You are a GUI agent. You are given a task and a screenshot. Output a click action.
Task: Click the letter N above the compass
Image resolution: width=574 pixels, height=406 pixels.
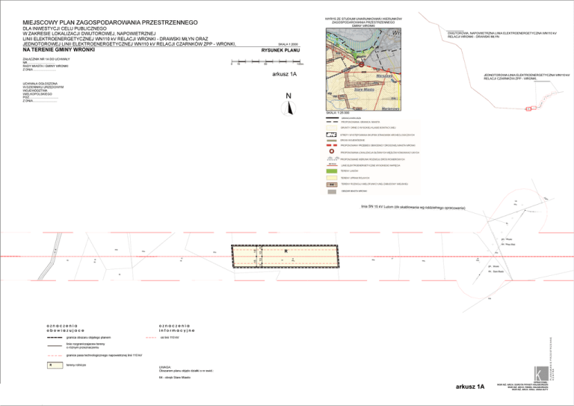pyautogui.click(x=288, y=96)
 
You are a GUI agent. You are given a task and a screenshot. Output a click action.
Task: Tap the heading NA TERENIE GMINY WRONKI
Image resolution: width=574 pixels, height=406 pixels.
pyautogui.click(x=58, y=49)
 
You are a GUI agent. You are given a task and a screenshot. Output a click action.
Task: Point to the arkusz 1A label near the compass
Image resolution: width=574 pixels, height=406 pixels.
pyautogui.click(x=284, y=74)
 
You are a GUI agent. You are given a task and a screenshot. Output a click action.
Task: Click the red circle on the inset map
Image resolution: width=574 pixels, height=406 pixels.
pyautogui.click(x=362, y=64)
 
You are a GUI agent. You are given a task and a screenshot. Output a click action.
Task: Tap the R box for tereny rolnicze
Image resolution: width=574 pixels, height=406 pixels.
pyautogui.click(x=51, y=365)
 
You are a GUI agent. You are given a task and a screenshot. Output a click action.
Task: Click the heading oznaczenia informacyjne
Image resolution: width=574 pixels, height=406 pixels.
pyautogui.click(x=178, y=327)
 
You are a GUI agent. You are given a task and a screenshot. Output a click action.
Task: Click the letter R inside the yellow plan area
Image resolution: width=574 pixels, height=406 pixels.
pyautogui.click(x=284, y=251)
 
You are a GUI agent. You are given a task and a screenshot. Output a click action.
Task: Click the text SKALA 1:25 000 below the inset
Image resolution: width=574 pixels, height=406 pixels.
pyautogui.click(x=339, y=112)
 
